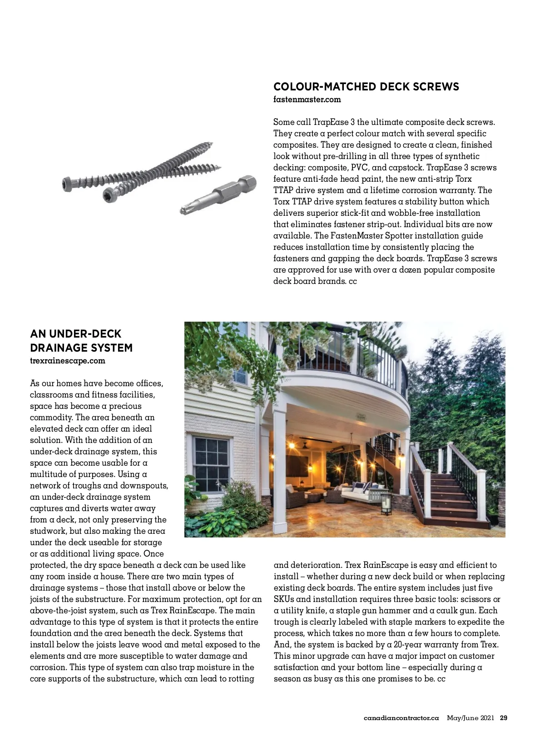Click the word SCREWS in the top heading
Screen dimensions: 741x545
coord(436,87)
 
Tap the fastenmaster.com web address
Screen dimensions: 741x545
coord(307,99)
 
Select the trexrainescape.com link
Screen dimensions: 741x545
coord(67,361)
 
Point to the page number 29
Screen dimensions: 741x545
coord(503,718)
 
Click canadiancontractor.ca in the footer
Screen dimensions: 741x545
coord(401,718)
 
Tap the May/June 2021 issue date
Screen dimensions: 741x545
coord(470,718)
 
